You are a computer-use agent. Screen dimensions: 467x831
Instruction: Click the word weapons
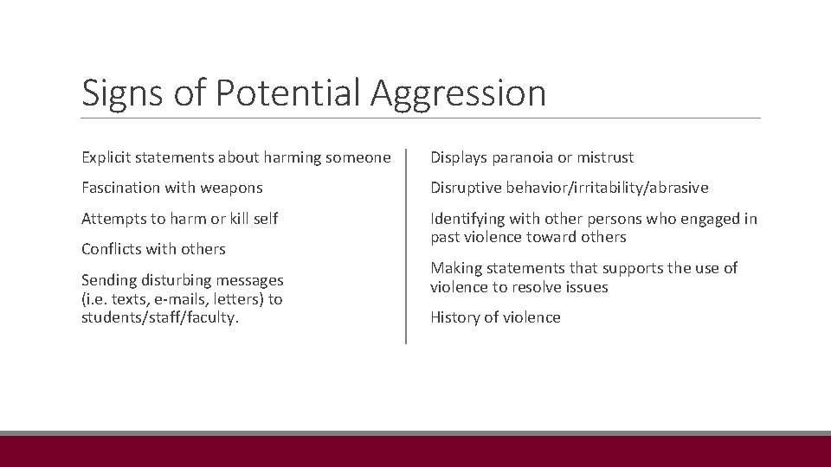click(231, 188)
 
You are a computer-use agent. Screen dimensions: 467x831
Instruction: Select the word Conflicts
click(113, 249)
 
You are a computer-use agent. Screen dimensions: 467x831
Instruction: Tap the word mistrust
click(602, 157)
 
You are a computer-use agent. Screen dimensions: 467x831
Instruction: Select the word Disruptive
click(467, 188)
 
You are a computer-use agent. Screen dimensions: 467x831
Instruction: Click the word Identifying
click(468, 219)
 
